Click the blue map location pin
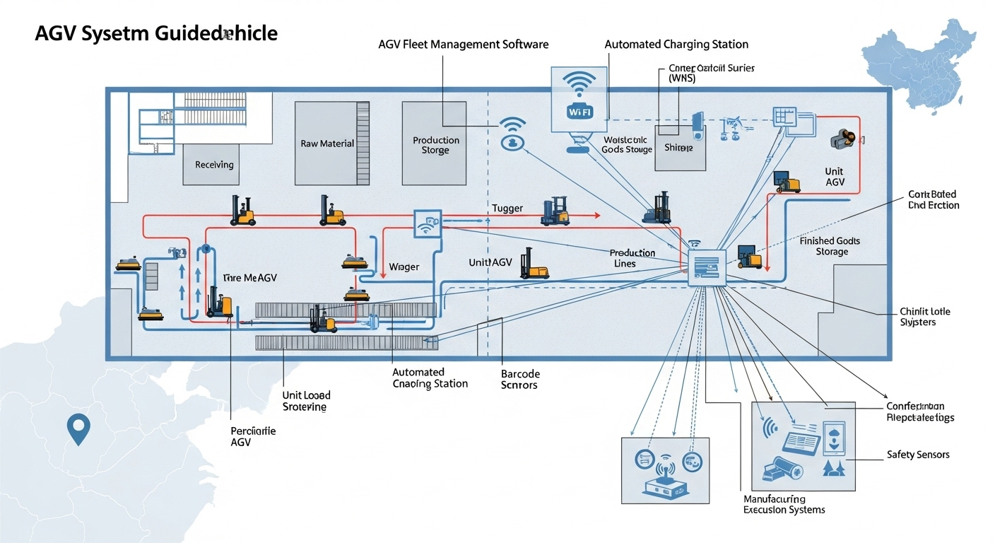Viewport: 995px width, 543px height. click(x=78, y=429)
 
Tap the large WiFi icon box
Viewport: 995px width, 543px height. click(x=578, y=100)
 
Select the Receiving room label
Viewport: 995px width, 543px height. click(x=214, y=165)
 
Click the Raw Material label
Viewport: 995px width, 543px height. click(x=327, y=144)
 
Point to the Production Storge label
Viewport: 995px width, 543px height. click(x=435, y=145)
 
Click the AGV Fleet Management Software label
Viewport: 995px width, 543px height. click(x=464, y=45)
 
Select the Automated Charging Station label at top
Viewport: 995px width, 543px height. click(x=676, y=45)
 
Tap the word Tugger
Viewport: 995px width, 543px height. click(x=507, y=209)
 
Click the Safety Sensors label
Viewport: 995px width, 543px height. click(x=918, y=455)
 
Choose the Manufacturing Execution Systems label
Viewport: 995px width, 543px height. click(x=784, y=504)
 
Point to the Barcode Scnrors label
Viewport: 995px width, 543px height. click(x=519, y=379)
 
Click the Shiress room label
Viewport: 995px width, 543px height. click(x=679, y=148)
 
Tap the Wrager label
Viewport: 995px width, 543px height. click(x=404, y=267)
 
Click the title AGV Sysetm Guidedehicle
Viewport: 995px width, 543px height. click(x=155, y=33)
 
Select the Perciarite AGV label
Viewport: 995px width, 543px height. click(x=253, y=436)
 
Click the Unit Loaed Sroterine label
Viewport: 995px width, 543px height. click(x=306, y=401)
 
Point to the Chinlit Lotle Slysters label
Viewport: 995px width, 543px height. click(x=925, y=317)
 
